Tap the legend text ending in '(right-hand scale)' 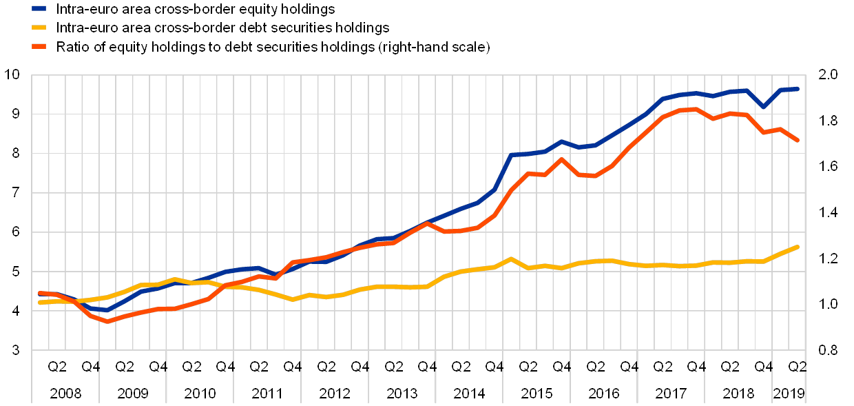pyautogui.click(x=275, y=47)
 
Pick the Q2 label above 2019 pyautogui.click(x=798, y=366)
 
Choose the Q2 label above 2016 pyautogui.click(x=596, y=366)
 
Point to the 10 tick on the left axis pyautogui.click(x=15, y=74)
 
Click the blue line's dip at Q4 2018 pyautogui.click(x=764, y=107)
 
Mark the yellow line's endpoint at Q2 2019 pyautogui.click(x=798, y=247)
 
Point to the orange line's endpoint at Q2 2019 pyautogui.click(x=798, y=141)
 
